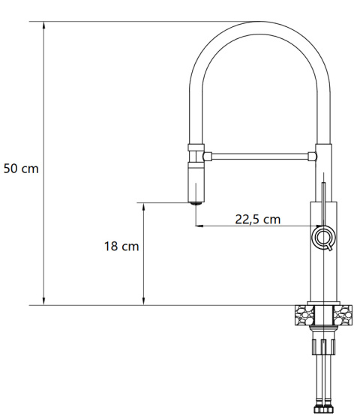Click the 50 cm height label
[21, 168]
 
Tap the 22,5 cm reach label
[257, 220]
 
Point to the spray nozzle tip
[196, 200]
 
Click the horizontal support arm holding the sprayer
[259, 156]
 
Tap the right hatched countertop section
[344, 314]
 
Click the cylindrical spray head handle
[196, 180]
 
